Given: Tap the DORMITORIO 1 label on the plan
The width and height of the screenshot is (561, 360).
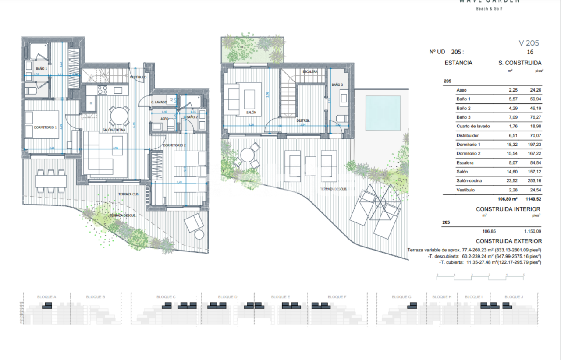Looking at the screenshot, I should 46,127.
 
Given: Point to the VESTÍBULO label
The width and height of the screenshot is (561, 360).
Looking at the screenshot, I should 138,77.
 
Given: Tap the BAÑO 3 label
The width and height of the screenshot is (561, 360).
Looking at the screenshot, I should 337,85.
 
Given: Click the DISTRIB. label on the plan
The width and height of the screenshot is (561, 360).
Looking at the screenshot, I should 303,120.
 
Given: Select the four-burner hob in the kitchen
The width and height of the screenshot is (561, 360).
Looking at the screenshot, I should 102,90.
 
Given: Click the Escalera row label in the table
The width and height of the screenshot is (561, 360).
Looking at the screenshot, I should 465,163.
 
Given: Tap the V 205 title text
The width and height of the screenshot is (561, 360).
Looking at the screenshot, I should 529,43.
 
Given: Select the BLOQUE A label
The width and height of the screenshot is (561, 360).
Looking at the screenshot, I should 46,297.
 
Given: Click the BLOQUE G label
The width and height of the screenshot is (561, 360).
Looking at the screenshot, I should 401,297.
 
